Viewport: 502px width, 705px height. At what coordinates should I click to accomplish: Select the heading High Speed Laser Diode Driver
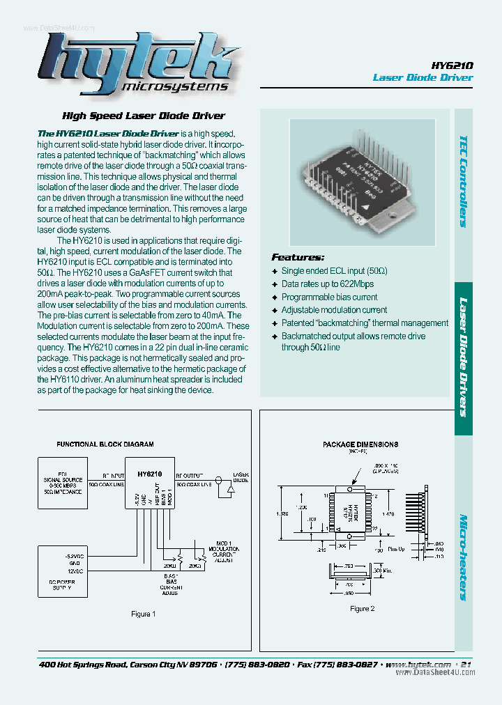pos(144,116)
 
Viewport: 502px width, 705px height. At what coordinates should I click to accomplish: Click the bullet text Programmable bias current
pos(329,297)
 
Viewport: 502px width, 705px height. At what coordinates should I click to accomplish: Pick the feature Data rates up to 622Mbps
pos(327,284)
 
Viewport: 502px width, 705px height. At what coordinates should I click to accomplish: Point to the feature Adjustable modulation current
pos(334,310)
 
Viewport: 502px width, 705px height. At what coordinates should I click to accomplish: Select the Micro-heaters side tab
pos(464,557)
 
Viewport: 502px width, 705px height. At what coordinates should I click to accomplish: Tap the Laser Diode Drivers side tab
pos(464,357)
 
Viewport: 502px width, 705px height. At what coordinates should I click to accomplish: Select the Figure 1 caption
pos(144,614)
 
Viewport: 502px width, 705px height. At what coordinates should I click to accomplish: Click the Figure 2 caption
pos(362,608)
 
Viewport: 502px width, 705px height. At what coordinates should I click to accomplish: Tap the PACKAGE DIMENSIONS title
pos(360,444)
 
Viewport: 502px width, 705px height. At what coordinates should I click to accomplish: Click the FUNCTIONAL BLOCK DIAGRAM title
pos(105,444)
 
